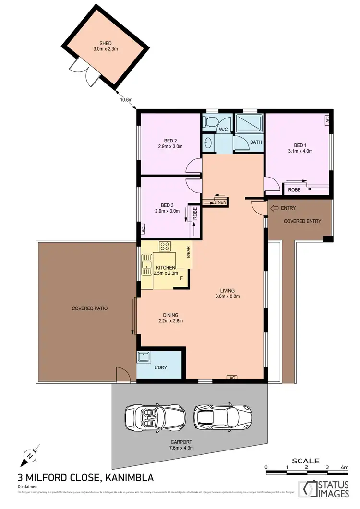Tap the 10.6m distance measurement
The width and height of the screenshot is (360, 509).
click(x=126, y=100)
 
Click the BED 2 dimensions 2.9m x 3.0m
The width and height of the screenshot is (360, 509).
click(x=171, y=147)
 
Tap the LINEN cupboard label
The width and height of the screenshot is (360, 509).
click(x=219, y=203)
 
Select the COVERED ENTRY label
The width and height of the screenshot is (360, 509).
click(x=302, y=221)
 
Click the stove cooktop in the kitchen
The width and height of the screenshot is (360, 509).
click(x=165, y=246)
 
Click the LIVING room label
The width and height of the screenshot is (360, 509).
click(x=227, y=290)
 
